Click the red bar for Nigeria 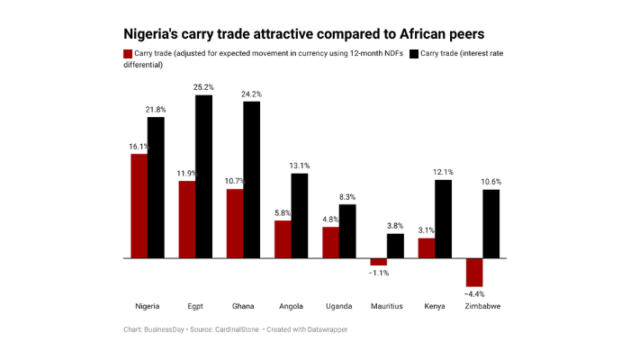coord(139,206)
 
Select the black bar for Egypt coord(203,176)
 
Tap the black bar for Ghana coord(251,180)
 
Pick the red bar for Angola coord(283,239)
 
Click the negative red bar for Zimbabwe coord(474,272)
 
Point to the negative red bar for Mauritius coord(378,262)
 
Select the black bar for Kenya coord(443,219)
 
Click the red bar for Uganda coord(330,242)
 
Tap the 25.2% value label coord(203,87)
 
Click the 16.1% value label coord(139,146)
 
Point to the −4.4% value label coord(474,293)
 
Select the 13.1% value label coord(300,166)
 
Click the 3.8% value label coord(395,226)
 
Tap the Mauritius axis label coord(387,306)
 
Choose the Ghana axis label coord(243,306)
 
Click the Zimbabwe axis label coord(482,306)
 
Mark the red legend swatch coord(127,54)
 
